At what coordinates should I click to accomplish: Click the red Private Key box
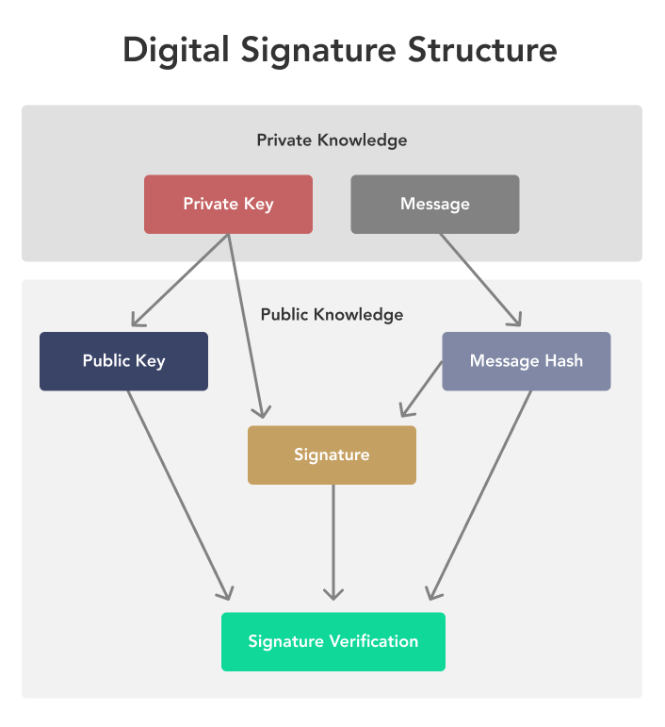(x=228, y=204)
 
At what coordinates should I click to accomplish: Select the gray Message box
(x=435, y=204)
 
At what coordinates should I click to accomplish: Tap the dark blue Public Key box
(x=123, y=361)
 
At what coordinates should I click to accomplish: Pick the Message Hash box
(x=527, y=361)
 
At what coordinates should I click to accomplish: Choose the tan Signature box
(x=332, y=455)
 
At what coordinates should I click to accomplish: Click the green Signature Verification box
(x=333, y=642)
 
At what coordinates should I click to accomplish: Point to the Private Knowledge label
(x=332, y=140)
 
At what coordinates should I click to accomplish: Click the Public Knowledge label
(x=332, y=315)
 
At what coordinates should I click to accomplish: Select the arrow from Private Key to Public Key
(x=180, y=280)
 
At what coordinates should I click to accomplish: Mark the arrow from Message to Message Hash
(x=480, y=280)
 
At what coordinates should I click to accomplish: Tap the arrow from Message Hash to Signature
(x=421, y=389)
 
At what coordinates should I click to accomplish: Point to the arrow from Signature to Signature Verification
(x=333, y=542)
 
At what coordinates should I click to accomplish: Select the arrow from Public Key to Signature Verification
(x=179, y=496)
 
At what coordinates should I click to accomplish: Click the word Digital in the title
(x=176, y=51)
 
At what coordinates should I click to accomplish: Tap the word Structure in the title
(x=482, y=50)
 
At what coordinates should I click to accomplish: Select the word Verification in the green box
(x=374, y=641)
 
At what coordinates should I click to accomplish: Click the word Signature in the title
(x=318, y=51)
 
